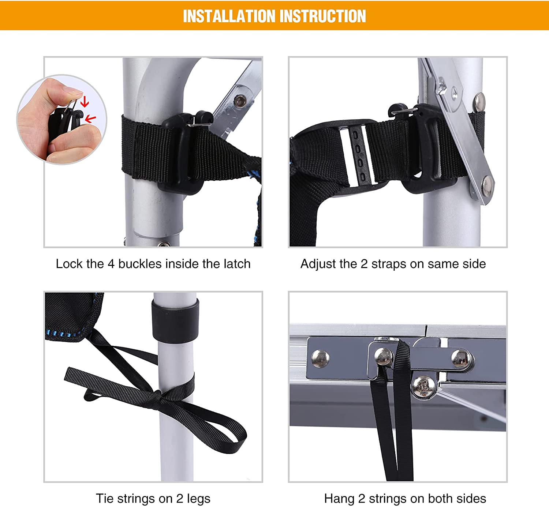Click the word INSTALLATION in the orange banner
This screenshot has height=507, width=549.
[x=229, y=16]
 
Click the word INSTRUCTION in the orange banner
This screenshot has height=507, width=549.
[x=323, y=16]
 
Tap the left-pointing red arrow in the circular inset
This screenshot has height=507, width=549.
[x=90, y=119]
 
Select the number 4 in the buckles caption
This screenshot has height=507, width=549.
[x=111, y=264]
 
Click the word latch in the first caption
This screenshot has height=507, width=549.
[x=237, y=264]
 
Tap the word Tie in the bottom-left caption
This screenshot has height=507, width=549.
[x=104, y=499]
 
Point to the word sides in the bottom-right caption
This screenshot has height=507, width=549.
[x=471, y=499]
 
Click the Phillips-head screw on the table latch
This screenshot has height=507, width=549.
[x=423, y=387]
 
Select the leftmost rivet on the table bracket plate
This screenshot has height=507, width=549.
[x=320, y=358]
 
